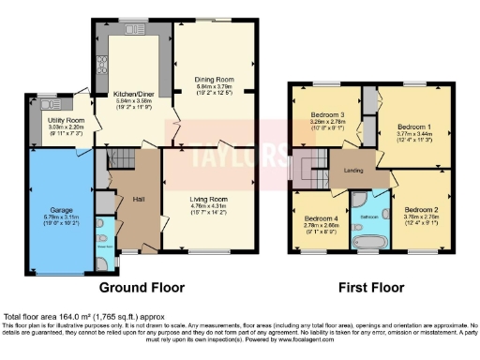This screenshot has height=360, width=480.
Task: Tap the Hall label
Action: click(138, 200)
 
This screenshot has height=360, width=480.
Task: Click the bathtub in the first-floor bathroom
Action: click(367, 243)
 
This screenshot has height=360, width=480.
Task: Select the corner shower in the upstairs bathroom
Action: click(356, 201)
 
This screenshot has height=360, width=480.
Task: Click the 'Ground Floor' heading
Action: click(142, 287)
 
